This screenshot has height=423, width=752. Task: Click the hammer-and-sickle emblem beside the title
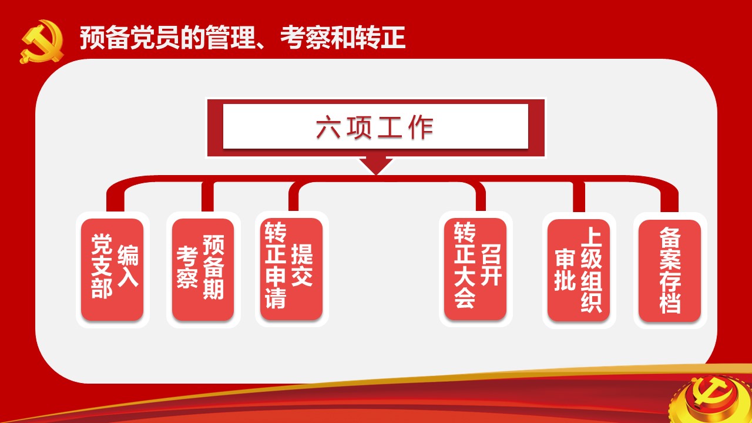click(x=42, y=42)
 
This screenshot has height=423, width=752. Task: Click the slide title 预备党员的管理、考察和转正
click(x=243, y=38)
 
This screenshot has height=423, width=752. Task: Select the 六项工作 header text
click(x=375, y=127)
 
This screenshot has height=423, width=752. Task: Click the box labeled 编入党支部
click(x=112, y=269)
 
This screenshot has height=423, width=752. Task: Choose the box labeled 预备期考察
click(x=203, y=269)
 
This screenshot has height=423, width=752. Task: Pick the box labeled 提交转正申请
click(x=291, y=268)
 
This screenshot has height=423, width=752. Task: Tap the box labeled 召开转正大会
click(x=475, y=268)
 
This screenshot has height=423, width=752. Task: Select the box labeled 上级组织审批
click(x=579, y=270)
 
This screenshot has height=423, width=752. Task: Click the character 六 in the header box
click(x=328, y=127)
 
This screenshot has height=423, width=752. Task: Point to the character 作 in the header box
click(x=421, y=127)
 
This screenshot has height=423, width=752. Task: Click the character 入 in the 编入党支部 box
click(x=128, y=277)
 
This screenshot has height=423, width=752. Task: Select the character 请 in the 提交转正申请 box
click(x=276, y=297)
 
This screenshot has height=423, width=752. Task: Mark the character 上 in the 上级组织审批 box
click(x=592, y=237)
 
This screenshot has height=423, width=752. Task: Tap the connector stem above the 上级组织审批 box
click(x=579, y=197)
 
